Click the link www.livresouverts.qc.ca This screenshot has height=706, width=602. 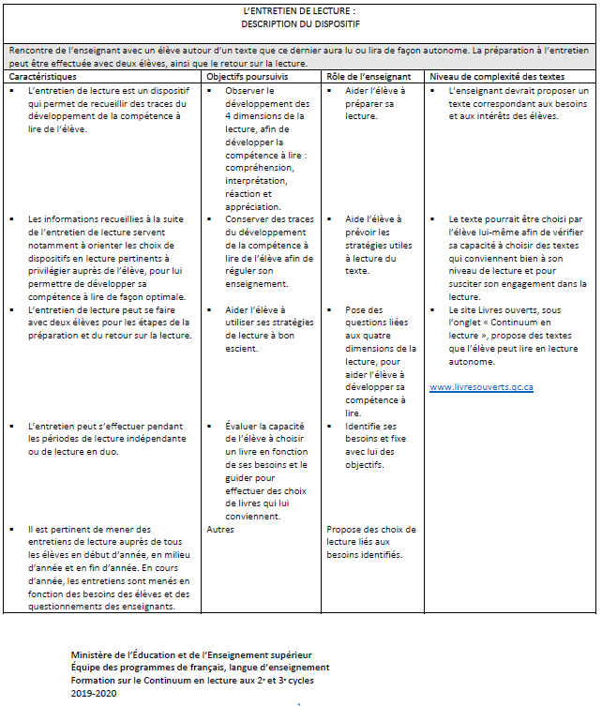[481, 386]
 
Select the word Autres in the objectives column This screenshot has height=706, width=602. [219, 529]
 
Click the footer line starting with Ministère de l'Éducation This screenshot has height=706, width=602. [191, 653]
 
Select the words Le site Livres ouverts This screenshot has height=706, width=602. [492, 309]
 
